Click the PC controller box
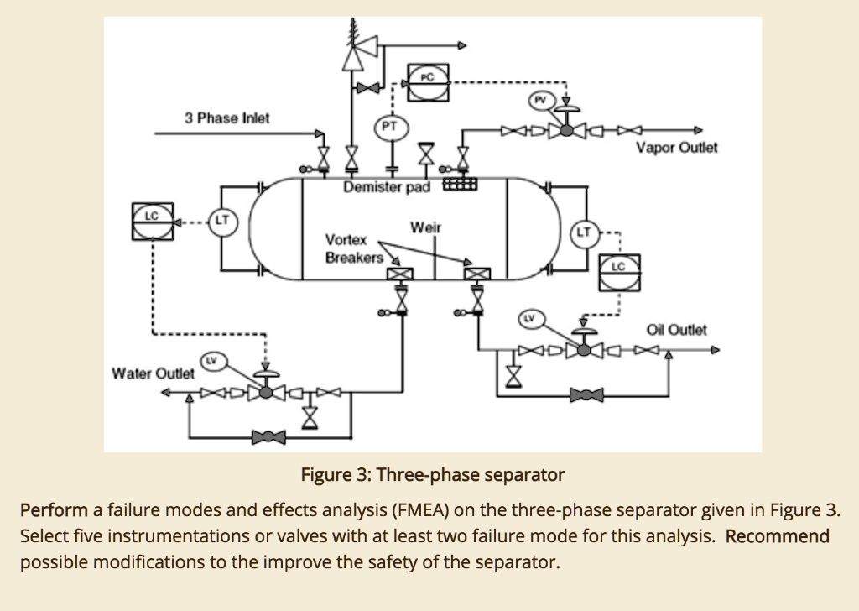tap(428, 79)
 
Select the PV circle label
tap(540, 99)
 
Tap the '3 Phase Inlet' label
tap(227, 118)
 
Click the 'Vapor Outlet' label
tap(677, 148)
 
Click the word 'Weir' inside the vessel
tap(425, 228)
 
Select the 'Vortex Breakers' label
tap(354, 248)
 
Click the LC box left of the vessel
tap(152, 220)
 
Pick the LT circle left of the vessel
tap(222, 222)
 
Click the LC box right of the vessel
tap(618, 270)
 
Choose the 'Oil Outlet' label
tap(677, 330)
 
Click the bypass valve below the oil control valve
tap(586, 394)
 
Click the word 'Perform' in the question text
tap(54, 510)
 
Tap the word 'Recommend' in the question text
tap(777, 536)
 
